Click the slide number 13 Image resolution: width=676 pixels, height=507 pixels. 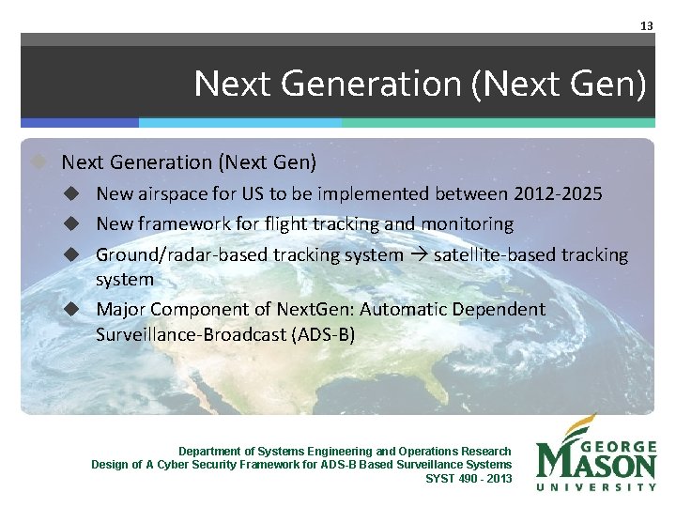pyautogui.click(x=646, y=26)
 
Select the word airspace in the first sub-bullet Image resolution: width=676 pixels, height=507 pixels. pyautogui.click(x=173, y=194)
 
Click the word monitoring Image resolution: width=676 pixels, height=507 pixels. pyautogui.click(x=467, y=224)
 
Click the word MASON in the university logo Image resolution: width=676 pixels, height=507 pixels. pyautogui.click(x=596, y=465)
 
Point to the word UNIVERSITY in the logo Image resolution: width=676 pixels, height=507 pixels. pyautogui.click(x=596, y=486)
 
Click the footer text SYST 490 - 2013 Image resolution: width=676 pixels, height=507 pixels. pyautogui.click(x=469, y=478)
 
